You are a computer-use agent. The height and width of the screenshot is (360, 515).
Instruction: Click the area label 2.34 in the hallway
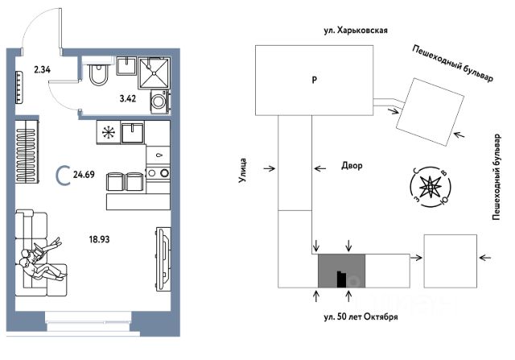pos(42,69)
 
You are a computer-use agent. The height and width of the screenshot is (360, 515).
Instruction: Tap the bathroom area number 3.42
pos(127,98)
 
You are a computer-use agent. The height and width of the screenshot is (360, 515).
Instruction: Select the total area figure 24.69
pos(84,174)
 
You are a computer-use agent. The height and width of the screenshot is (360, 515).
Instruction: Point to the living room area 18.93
pos(99,239)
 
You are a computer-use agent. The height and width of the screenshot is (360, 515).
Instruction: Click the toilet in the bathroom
pos(98,75)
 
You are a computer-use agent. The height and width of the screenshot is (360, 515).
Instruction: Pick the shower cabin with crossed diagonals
pos(154,73)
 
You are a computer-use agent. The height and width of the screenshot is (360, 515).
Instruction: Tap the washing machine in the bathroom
pos(160,101)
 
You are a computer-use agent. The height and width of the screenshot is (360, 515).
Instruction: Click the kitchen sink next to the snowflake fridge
pos(132,132)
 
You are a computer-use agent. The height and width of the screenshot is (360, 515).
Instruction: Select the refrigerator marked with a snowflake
pos(108,132)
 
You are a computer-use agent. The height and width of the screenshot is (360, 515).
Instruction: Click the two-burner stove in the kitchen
pos(158,172)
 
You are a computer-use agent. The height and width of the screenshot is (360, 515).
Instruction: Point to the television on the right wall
pos(163,259)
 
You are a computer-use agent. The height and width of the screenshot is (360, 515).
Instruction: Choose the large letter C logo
pos(63,176)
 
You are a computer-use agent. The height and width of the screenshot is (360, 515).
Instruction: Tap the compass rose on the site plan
pos(430,187)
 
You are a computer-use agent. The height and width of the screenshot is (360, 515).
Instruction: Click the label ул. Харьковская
pos(356,31)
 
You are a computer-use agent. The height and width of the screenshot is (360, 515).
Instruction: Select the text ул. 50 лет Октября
pos(360,317)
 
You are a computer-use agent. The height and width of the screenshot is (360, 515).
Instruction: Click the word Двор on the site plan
pos(352,165)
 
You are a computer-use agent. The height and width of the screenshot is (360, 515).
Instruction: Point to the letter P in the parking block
pos(315,80)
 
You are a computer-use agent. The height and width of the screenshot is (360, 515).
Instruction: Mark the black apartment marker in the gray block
pos(341,279)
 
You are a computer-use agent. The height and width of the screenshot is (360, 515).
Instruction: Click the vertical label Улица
pos(242,170)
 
